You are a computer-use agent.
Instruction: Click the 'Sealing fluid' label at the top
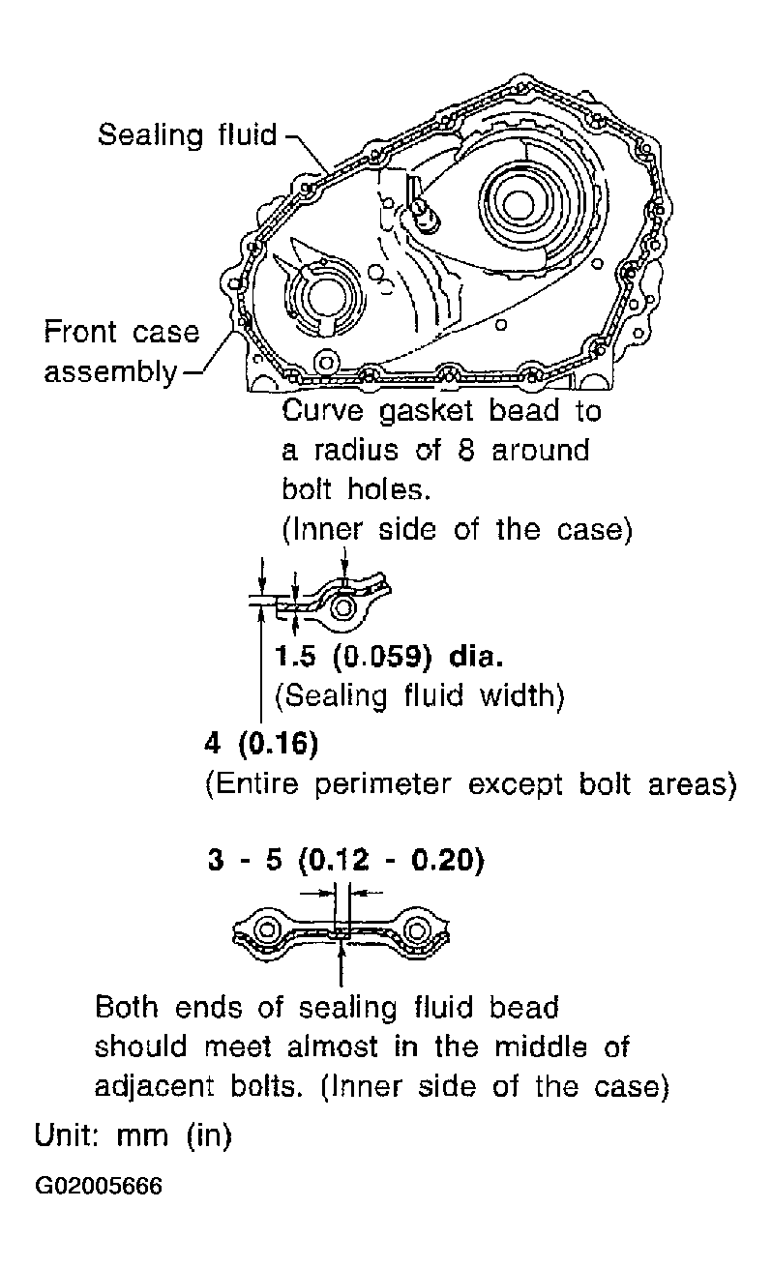(188, 135)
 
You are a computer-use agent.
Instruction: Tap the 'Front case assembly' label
(122, 351)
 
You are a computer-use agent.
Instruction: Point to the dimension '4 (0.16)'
(261, 743)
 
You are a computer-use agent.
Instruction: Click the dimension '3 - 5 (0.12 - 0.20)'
(346, 861)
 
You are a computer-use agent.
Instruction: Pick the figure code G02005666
(99, 1185)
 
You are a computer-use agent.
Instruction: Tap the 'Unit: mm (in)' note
(134, 1134)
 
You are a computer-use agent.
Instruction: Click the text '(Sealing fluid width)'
(419, 695)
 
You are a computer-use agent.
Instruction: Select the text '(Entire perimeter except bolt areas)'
(471, 784)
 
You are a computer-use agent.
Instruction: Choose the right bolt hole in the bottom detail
(416, 929)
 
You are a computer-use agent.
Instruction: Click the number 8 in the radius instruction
(465, 451)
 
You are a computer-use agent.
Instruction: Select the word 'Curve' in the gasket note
(322, 410)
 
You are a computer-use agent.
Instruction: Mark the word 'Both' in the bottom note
(127, 1007)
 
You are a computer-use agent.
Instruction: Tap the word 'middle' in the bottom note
(541, 1046)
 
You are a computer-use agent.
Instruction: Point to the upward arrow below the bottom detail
(341, 966)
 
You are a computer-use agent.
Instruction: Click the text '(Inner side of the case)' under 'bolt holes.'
(457, 530)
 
